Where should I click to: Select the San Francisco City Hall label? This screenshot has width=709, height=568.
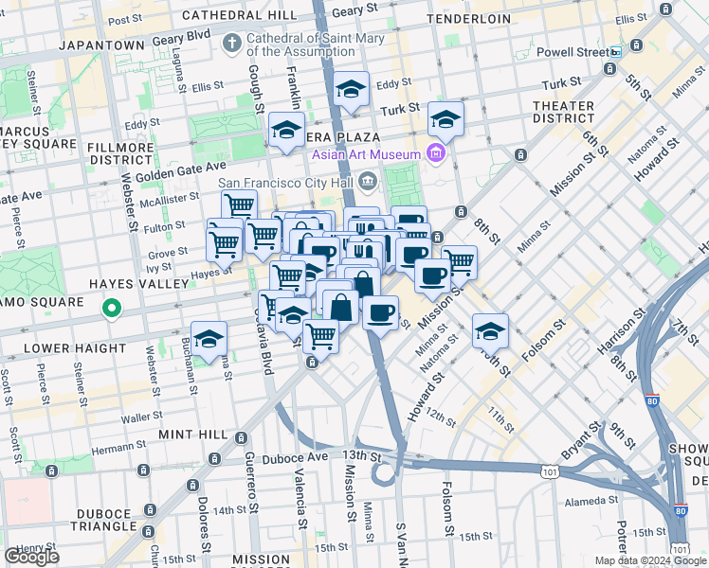click(x=289, y=183)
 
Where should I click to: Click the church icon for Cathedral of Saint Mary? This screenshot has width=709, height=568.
click(x=231, y=43)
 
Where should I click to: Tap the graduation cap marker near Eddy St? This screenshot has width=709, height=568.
click(x=352, y=90)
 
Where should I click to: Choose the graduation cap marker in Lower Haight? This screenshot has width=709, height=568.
click(x=209, y=336)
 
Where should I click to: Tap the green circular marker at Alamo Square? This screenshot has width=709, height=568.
click(x=112, y=308)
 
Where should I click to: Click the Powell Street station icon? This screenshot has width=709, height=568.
click(x=615, y=53)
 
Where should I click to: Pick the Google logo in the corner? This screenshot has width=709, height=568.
click(x=31, y=557)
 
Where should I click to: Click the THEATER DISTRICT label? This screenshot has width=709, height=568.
click(x=563, y=112)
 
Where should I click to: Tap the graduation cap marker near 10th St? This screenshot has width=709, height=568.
click(x=490, y=330)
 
